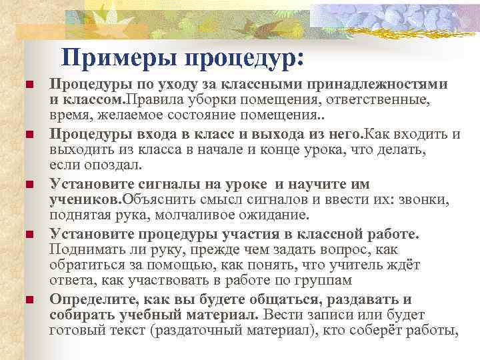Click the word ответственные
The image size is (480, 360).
(375, 100)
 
